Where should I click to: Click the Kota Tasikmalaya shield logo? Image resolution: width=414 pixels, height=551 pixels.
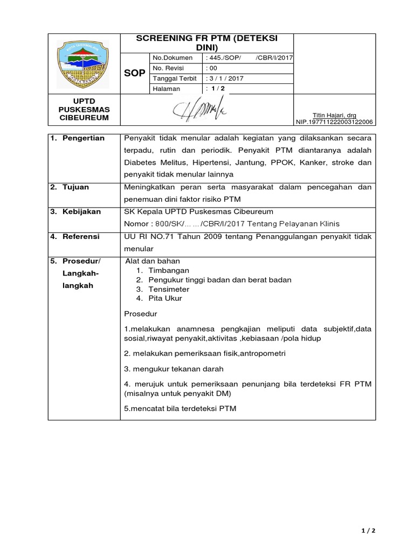pos(83,63)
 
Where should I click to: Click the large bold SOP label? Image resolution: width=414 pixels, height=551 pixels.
pos(134,73)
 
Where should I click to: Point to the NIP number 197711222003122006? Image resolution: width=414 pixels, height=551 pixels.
pos(335,122)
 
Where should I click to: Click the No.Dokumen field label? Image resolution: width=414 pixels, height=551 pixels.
pos(172,58)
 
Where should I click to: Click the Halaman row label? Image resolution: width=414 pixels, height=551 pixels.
pos(165,88)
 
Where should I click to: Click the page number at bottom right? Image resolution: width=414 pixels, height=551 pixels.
pos(368,530)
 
